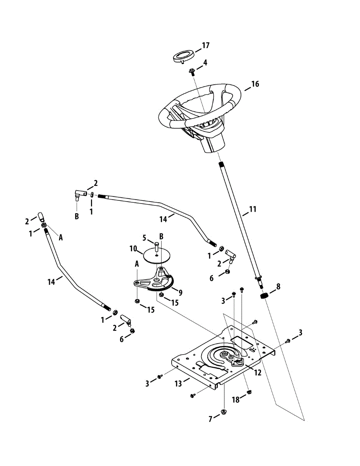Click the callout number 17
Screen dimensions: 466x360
205,45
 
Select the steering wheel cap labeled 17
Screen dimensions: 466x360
182,55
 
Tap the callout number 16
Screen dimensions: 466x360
254,84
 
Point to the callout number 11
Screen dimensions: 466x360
252,210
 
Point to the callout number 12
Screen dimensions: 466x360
258,373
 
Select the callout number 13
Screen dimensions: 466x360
178,384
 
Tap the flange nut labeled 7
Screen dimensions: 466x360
223,411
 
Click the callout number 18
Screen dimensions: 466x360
236,400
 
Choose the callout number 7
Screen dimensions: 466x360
210,419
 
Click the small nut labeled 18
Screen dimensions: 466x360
250,391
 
